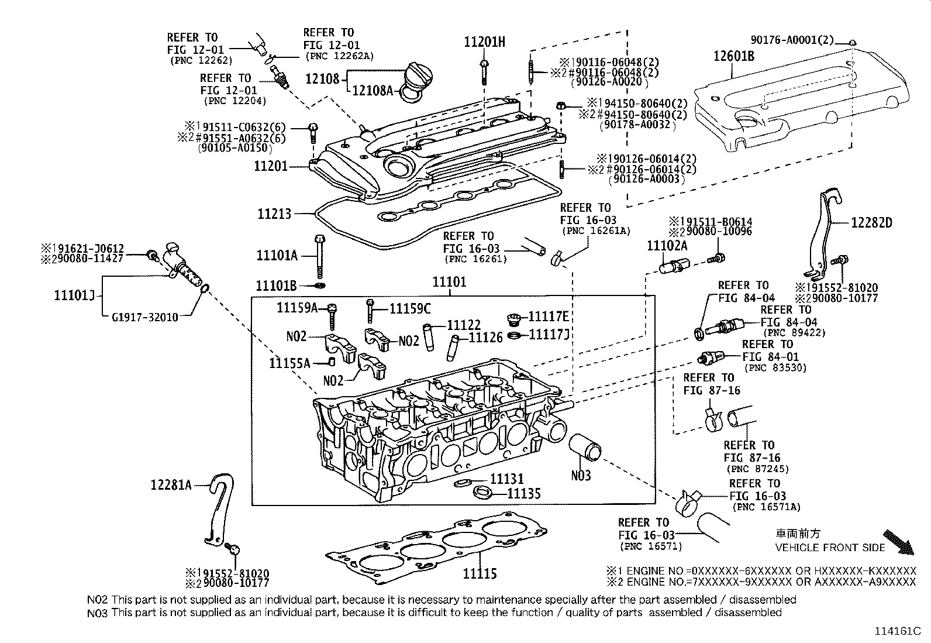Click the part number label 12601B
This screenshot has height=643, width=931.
[x=733, y=56]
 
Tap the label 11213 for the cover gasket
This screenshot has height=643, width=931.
[x=274, y=214]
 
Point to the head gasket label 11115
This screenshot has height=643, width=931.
[x=480, y=573]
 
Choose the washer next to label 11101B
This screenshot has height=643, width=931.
[x=319, y=286]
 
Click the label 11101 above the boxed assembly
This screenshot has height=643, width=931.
[x=449, y=282]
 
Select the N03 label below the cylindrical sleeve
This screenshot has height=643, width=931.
[x=581, y=475]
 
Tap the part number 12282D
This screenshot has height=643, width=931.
[x=871, y=222]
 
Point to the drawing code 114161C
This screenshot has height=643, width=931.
[x=897, y=631]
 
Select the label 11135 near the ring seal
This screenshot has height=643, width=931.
[x=523, y=493]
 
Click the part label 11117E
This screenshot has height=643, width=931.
[x=548, y=317]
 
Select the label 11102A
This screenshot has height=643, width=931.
[x=667, y=246]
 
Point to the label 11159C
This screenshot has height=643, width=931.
[x=410, y=308]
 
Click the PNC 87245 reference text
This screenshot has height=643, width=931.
[x=757, y=469]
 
